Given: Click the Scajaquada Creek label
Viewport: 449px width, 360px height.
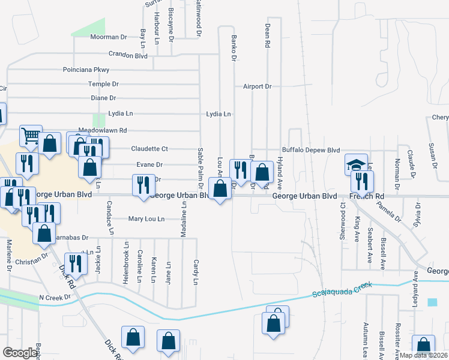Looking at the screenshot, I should click(x=342, y=290).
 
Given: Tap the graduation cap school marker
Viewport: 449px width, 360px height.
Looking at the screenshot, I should click(x=356, y=164).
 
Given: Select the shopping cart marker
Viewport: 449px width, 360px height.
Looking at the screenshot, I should click(x=31, y=136).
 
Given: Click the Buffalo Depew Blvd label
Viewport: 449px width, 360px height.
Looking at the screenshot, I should click(x=311, y=150).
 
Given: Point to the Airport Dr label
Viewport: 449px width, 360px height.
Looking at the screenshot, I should click(x=257, y=86).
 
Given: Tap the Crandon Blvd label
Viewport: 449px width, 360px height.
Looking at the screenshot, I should click(x=128, y=56).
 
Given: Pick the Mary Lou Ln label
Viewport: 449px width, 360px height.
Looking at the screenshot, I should click(x=146, y=219).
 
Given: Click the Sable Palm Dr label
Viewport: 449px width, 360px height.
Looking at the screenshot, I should click(x=199, y=165).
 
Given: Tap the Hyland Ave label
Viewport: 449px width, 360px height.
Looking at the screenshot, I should click(x=279, y=170).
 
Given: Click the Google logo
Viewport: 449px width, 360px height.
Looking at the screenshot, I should click(x=20, y=353).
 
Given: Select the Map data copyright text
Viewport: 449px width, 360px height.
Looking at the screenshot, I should click(x=423, y=355).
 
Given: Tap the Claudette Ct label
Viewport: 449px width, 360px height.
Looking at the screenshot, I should click(x=149, y=148).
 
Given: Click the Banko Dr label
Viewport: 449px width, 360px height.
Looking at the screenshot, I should click(x=234, y=48).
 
